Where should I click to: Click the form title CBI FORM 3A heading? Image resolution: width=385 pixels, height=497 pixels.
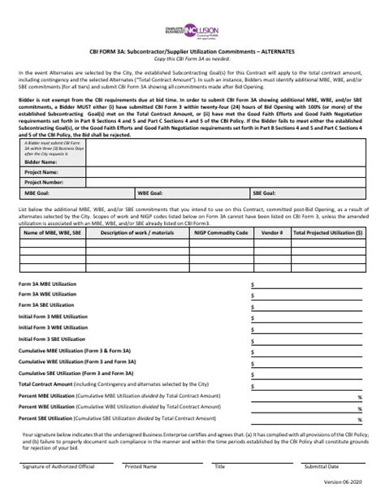point(192,51)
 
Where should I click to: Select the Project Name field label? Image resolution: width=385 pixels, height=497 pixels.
point(43,195)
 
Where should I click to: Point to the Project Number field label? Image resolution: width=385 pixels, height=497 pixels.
point(45,205)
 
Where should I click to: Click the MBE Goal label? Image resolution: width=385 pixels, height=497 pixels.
point(37,217)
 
